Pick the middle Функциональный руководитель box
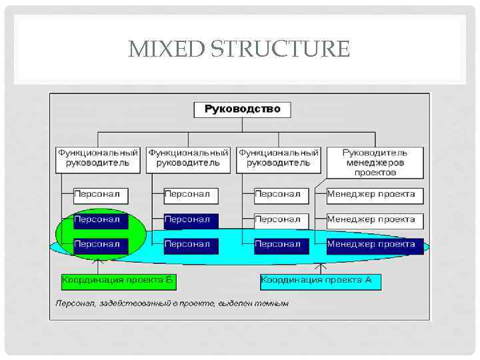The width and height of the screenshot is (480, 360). (x=188, y=158)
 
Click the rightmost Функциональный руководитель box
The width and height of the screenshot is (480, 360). (x=279, y=158)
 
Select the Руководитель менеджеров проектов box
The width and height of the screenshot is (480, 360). (x=375, y=162)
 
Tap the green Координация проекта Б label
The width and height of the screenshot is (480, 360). (x=118, y=281)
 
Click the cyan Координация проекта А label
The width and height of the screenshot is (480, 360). (x=321, y=281)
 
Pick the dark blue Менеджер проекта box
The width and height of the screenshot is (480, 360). (x=375, y=245)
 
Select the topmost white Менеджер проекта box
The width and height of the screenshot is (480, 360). (x=375, y=195)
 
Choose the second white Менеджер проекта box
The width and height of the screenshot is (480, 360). (x=375, y=219)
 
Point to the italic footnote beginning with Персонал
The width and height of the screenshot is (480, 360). (x=172, y=304)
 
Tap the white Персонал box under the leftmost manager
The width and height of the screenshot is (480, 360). (x=100, y=195)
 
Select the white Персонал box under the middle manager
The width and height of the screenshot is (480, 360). (x=191, y=195)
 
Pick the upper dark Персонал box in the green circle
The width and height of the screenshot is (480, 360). (x=100, y=219)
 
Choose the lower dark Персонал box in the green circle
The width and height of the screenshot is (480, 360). (x=100, y=245)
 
